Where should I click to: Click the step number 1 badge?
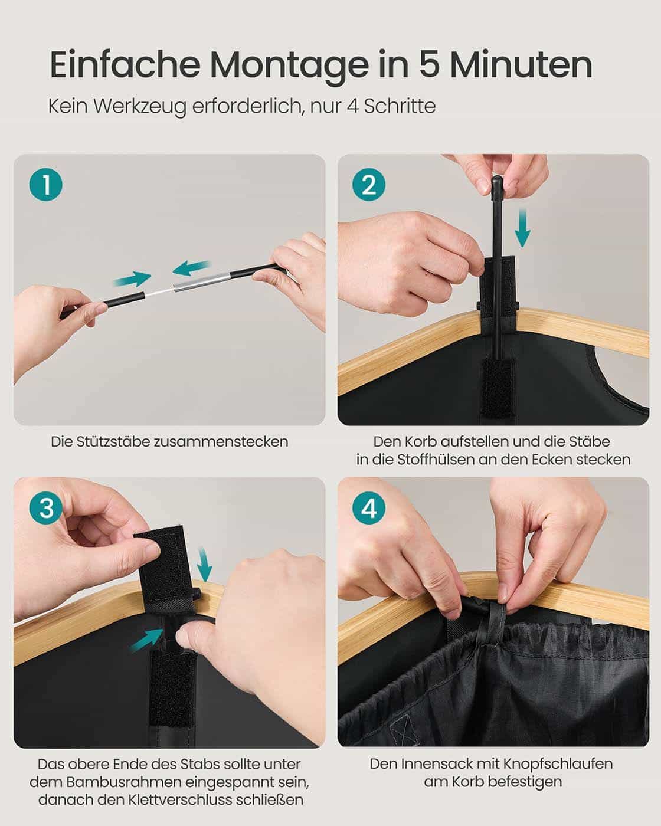45,186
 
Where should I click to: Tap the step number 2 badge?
369,186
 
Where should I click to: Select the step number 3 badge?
45,508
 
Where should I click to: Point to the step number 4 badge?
369,508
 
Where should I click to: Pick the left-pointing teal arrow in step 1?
191,268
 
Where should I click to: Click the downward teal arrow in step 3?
204,564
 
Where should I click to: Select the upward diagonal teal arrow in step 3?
145,638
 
